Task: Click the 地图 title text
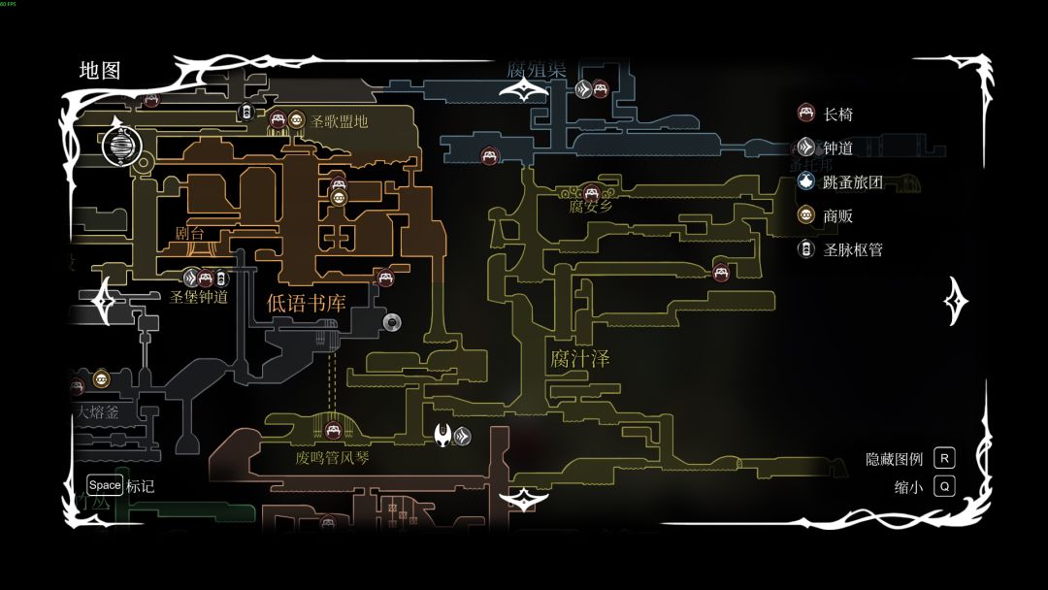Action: [100, 71]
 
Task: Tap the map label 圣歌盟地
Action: [340, 121]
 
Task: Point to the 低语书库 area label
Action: [306, 302]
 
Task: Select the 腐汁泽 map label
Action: [579, 359]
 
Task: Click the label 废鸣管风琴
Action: [333, 457]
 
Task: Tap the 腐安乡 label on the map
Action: [591, 207]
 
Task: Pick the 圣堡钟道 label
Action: [199, 297]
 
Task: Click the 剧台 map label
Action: [190, 233]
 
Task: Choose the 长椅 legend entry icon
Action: [805, 114]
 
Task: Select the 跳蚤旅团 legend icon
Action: [805, 181]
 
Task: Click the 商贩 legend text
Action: [838, 215]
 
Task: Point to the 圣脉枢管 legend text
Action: [853, 249]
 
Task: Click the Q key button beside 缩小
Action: [943, 486]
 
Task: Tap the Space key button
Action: [105, 485]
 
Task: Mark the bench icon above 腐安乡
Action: [591, 190]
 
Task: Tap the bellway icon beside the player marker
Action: [463, 435]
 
